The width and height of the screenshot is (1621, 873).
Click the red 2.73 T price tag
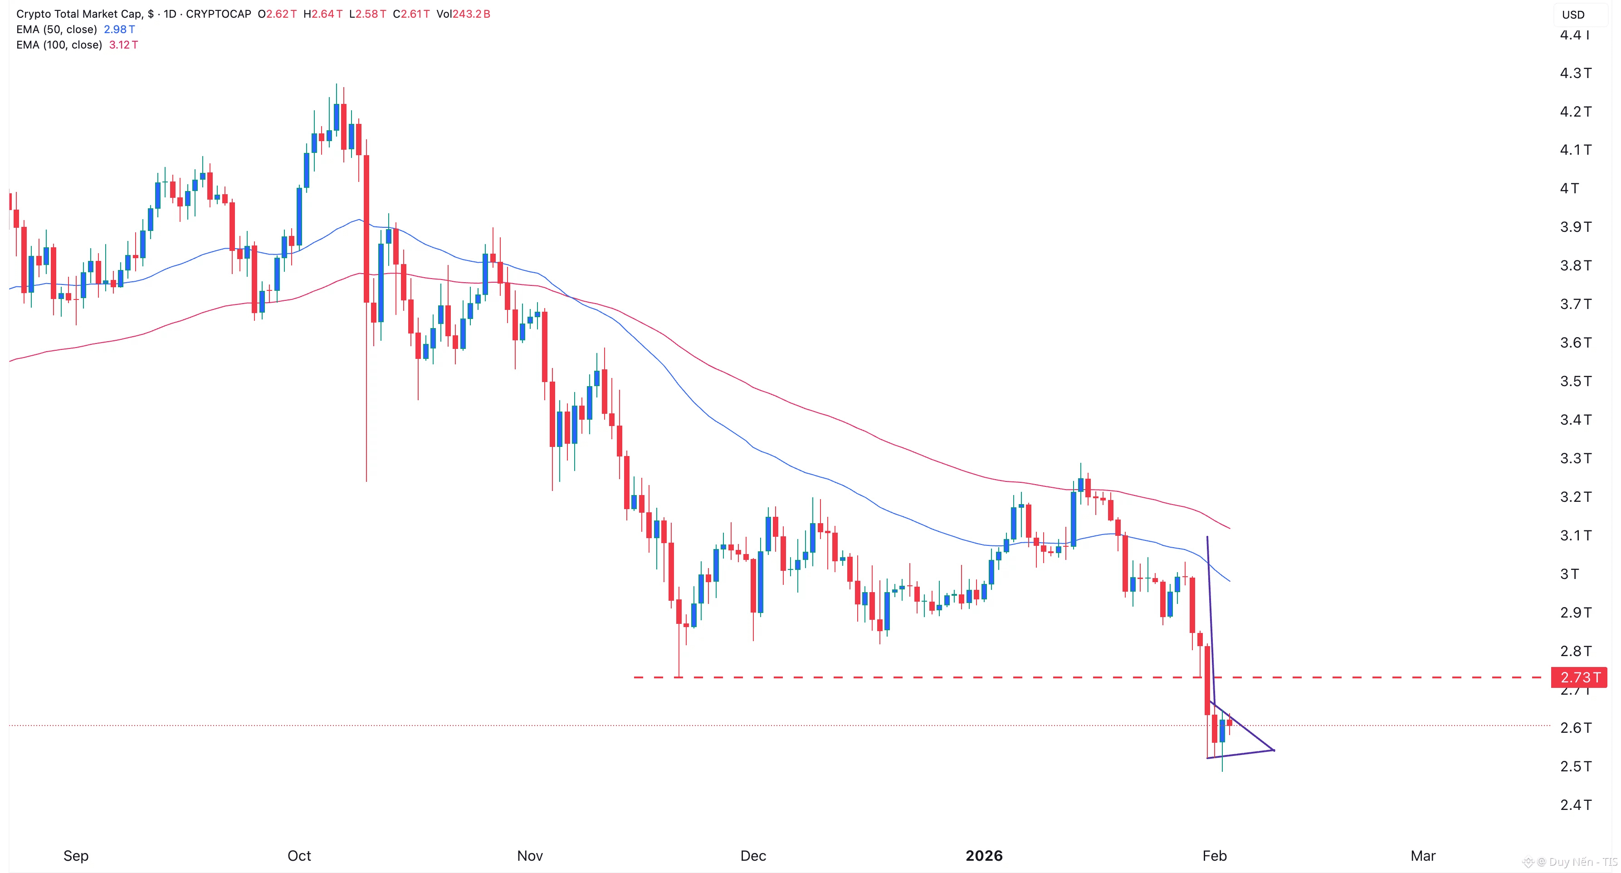coord(1579,677)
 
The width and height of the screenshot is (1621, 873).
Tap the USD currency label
coord(1573,15)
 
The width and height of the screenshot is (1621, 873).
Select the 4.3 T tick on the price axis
coord(1575,73)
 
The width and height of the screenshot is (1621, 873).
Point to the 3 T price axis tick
coord(1569,574)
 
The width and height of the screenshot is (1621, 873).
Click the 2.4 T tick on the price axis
coord(1575,805)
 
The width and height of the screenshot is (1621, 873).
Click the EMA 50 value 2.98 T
coord(119,29)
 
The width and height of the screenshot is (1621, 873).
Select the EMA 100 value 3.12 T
coord(123,44)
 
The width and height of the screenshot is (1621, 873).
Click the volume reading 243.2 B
coord(471,14)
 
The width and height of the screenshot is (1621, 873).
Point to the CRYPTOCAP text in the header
coord(218,14)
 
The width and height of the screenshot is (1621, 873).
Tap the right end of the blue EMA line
coord(1230,581)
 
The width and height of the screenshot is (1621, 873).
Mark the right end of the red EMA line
coord(1230,528)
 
